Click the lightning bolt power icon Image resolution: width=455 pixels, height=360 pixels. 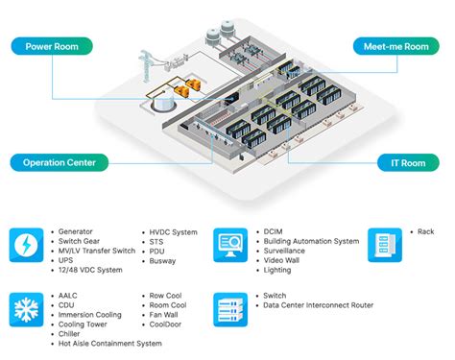(25, 246)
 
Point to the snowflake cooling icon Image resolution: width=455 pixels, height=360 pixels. (25, 309)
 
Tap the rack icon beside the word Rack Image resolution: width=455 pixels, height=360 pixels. (386, 246)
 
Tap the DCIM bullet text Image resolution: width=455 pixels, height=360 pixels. (275, 231)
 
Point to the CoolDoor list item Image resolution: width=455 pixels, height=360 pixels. (170, 324)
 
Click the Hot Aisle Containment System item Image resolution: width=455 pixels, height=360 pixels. (108, 343)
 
